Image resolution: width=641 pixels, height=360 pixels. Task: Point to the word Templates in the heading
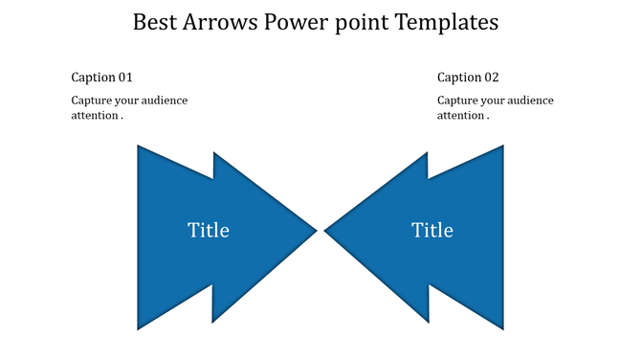click(448, 22)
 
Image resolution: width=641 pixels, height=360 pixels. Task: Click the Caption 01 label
click(102, 77)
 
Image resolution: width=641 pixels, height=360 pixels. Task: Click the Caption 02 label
click(468, 77)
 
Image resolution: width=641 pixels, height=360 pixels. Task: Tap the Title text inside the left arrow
click(209, 230)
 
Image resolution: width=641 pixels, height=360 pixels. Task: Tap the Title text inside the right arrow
click(432, 230)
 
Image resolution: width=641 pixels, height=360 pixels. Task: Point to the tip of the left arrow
click(315, 230)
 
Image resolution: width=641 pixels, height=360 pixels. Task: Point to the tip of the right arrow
click(326, 230)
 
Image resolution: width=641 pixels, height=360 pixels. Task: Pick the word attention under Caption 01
click(94, 115)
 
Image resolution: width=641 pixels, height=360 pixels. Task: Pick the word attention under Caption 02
click(459, 115)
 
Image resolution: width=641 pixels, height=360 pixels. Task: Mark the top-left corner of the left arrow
click(139, 146)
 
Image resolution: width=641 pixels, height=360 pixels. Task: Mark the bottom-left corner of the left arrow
click(139, 328)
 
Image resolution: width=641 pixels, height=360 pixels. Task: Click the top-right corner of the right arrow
click(502, 146)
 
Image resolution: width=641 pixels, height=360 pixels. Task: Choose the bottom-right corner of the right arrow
click(502, 328)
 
